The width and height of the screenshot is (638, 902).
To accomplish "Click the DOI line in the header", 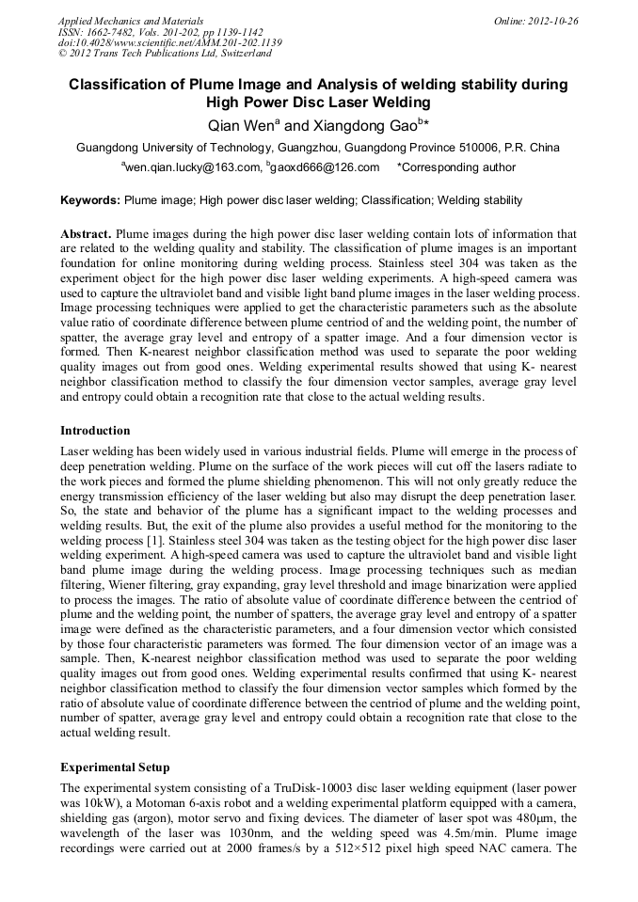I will click(x=169, y=42).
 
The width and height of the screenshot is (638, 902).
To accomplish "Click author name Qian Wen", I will click(x=243, y=124).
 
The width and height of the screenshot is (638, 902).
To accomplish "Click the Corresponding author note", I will click(x=456, y=167).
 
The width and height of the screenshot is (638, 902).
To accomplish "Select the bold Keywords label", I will click(x=90, y=200).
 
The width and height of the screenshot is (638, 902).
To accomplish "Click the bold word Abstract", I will click(x=86, y=233).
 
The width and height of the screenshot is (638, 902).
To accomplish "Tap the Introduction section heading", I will click(x=95, y=430).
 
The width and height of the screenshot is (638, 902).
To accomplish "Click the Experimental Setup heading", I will click(x=115, y=767).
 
